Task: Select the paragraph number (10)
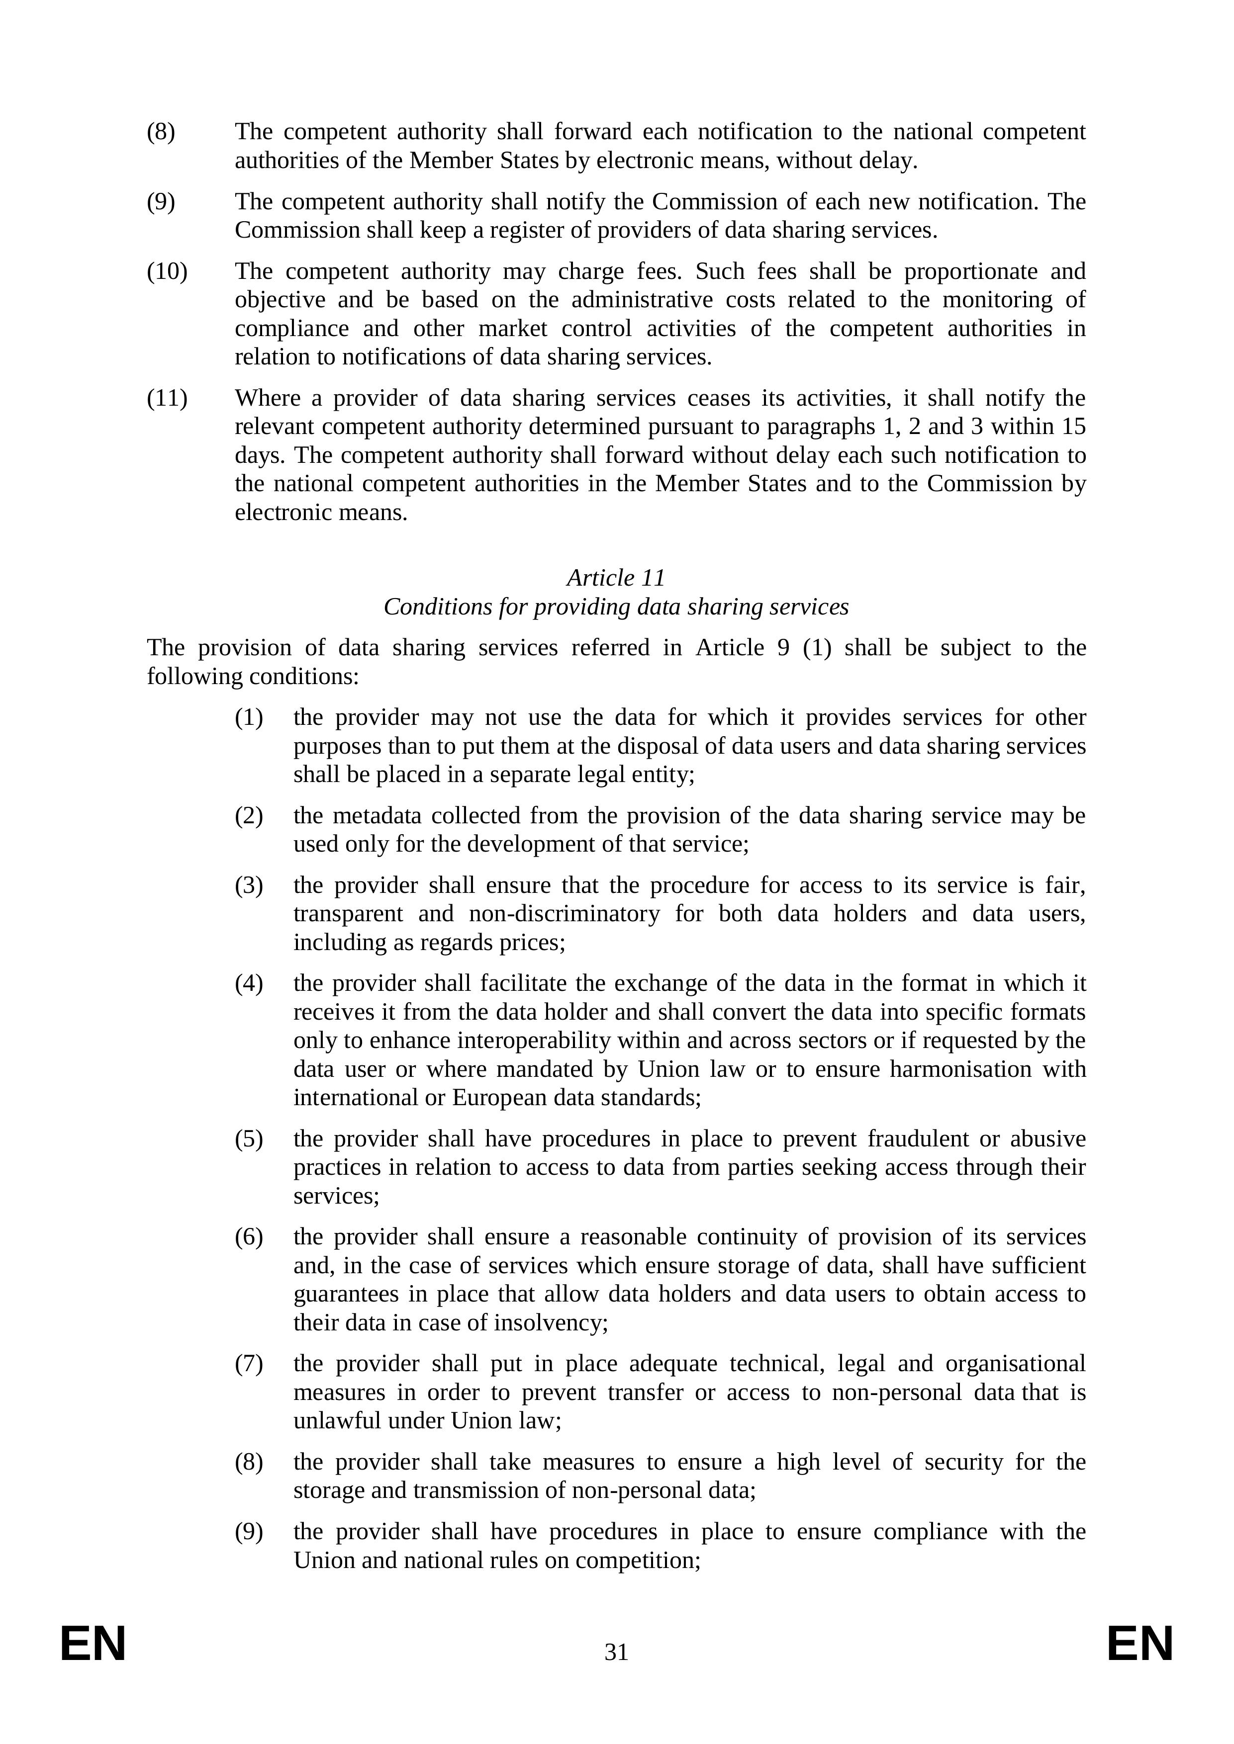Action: [167, 271]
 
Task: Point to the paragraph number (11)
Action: [167, 398]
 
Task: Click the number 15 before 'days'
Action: [1073, 427]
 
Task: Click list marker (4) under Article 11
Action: [249, 984]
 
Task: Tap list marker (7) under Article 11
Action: [249, 1364]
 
